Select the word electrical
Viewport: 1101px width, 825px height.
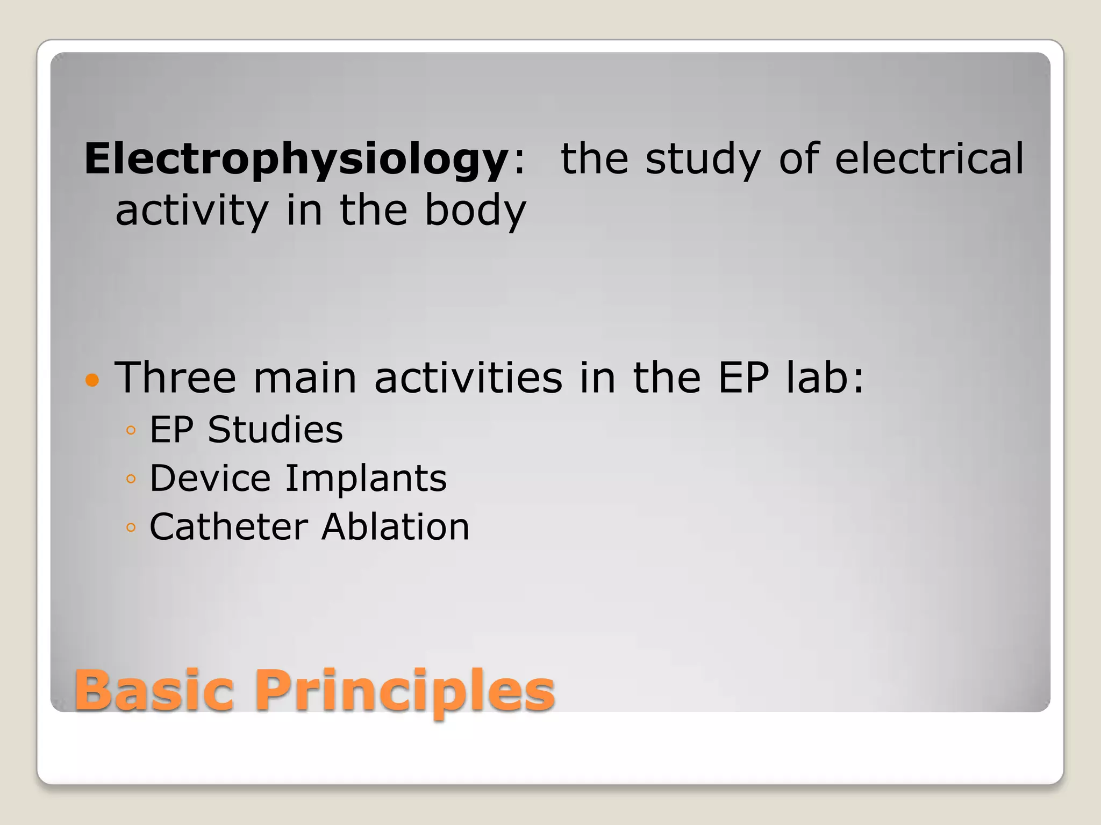point(930,158)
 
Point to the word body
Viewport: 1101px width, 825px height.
point(475,211)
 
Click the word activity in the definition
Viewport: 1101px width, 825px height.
point(192,211)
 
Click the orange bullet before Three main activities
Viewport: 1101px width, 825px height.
point(92,380)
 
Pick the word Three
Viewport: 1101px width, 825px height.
point(175,377)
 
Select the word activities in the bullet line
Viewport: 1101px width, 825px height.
point(468,377)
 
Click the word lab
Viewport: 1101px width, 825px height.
point(825,377)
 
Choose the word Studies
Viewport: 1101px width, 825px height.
point(275,430)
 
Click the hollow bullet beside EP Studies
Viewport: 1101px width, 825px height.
point(131,430)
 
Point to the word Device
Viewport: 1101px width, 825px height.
point(210,478)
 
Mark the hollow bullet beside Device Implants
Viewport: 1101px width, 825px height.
point(131,479)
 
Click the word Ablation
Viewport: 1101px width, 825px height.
point(396,526)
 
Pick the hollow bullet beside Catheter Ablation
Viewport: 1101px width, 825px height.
point(131,527)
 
